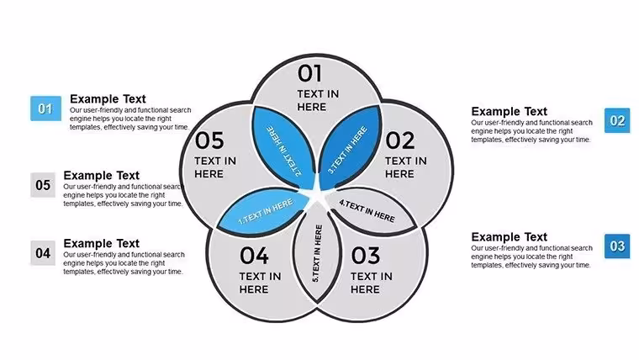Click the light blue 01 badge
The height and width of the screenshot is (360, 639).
point(45,109)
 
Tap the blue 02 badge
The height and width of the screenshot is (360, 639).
point(617,120)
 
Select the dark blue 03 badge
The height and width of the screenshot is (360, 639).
point(617,246)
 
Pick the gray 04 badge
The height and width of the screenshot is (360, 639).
point(43,253)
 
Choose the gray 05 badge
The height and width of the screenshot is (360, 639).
point(43,185)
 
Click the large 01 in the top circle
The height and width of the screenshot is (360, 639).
point(309,73)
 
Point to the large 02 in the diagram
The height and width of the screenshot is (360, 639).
point(399,140)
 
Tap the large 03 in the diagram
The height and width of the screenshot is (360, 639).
point(366,256)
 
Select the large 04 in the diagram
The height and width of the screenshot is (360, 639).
point(254,256)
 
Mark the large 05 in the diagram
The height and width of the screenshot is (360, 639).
point(209,140)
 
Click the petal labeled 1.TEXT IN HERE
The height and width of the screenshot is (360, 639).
point(264,211)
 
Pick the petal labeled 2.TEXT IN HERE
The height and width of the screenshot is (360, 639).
point(284,147)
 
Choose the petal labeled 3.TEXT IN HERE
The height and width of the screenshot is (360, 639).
point(350,147)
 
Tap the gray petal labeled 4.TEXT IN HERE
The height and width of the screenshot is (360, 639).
point(369,210)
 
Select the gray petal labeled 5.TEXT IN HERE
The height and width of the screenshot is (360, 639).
point(317,253)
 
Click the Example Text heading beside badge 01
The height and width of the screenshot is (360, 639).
point(108,99)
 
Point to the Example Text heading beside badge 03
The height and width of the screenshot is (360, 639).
point(509,237)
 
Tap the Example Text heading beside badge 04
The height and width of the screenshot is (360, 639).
point(101,243)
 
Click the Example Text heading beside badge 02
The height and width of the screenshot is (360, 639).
point(509,111)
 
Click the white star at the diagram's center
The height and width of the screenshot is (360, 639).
point(318,195)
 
